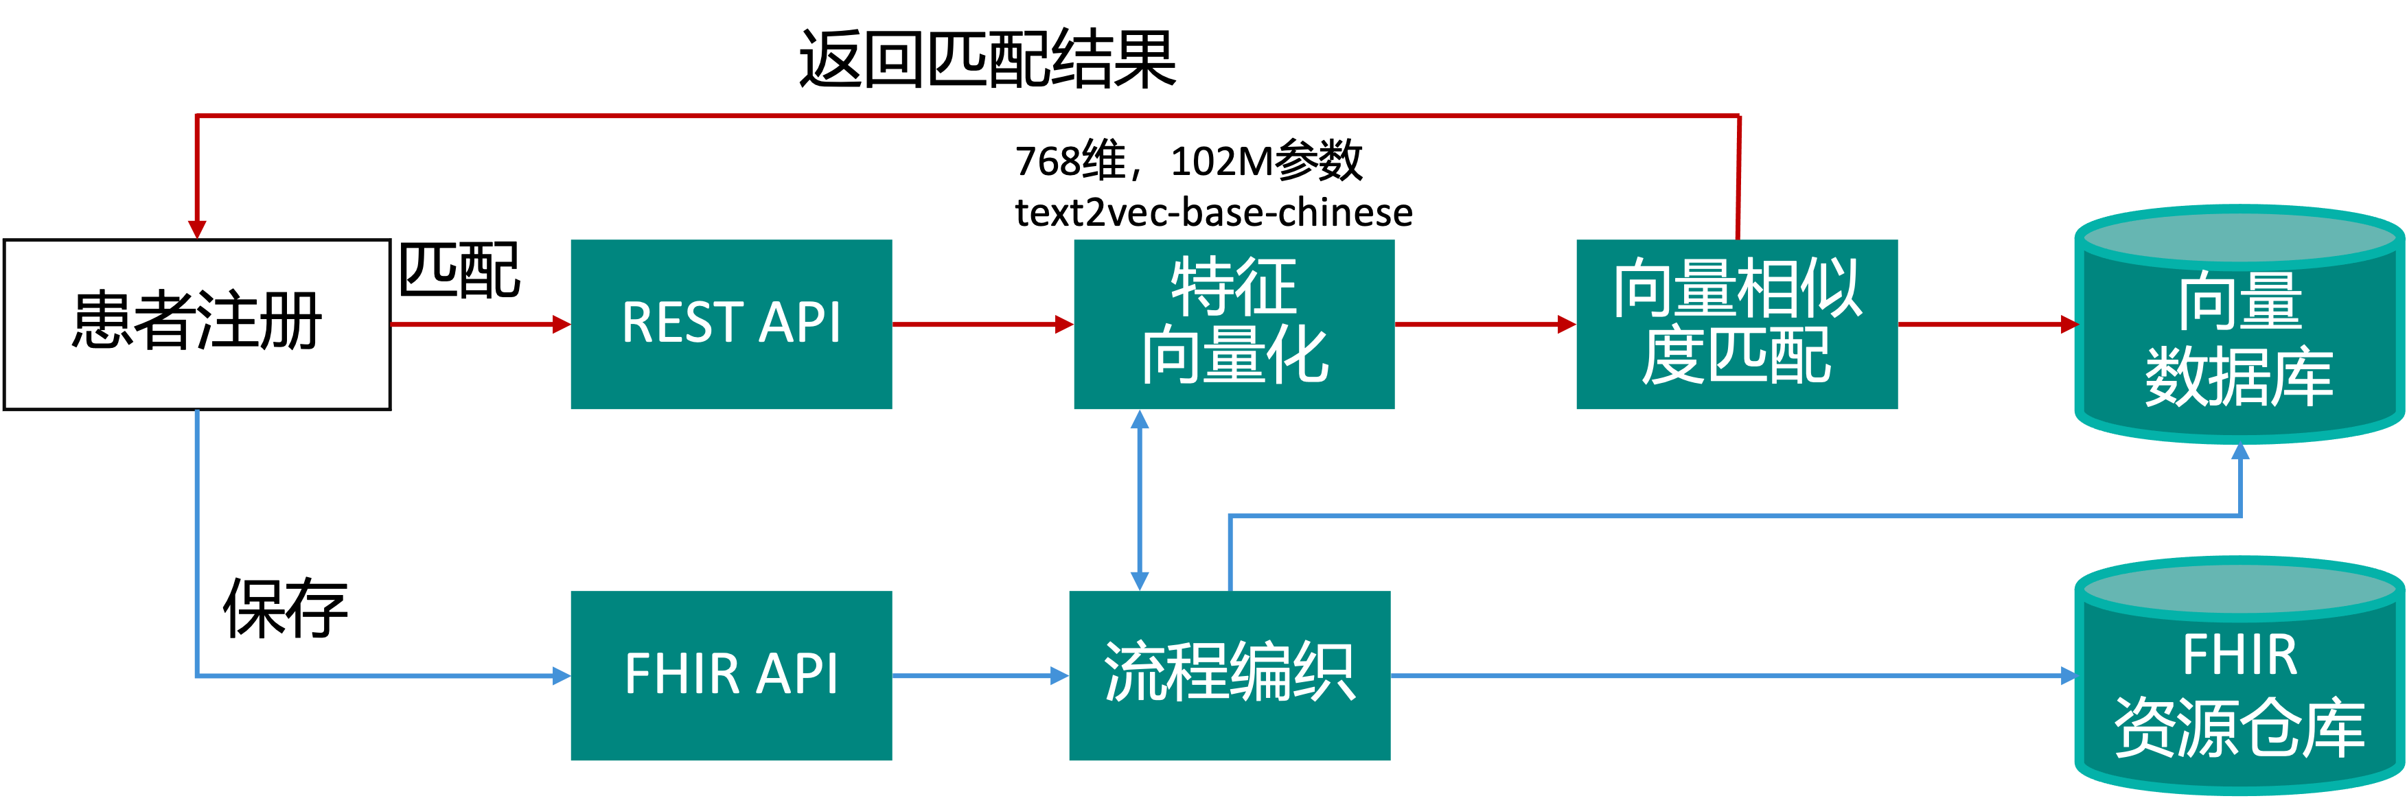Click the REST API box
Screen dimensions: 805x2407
coord(730,324)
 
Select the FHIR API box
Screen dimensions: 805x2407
coord(730,675)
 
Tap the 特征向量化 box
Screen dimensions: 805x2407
coord(1234,324)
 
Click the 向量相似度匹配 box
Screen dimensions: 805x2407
coord(1736,324)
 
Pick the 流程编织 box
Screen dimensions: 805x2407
coord(1229,675)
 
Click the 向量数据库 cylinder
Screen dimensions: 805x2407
coord(2239,336)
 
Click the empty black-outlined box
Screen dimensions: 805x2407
coord(196,324)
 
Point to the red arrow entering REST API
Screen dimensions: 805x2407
coord(479,324)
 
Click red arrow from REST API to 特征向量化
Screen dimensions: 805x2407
coord(981,324)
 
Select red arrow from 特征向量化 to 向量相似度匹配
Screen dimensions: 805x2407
coord(1484,324)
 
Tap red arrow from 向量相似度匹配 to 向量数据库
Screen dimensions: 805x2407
coord(1985,324)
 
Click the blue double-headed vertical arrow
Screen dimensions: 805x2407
coord(1139,500)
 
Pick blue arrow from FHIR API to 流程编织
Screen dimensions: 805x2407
coord(979,675)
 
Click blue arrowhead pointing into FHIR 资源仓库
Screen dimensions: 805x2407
coord(2068,675)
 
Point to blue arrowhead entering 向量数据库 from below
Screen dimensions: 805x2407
coord(2239,453)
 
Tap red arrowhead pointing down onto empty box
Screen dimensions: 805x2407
coord(196,229)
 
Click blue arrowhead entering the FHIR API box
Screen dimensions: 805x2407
coord(561,675)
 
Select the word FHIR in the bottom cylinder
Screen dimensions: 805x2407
coord(2239,655)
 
